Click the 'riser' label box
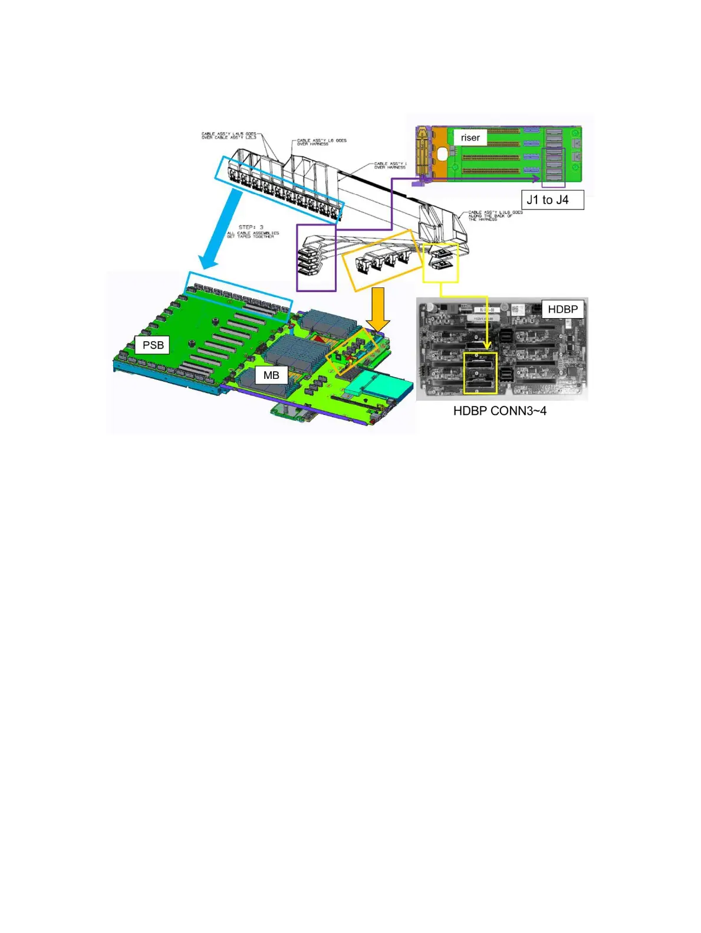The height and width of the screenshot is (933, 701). [x=470, y=138]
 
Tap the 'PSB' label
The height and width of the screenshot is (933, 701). [x=153, y=345]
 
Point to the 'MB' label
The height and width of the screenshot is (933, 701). [x=271, y=375]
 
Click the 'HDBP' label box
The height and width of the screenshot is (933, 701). [x=562, y=309]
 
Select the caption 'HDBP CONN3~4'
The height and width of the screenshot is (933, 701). [x=499, y=411]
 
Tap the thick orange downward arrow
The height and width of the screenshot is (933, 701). [x=378, y=309]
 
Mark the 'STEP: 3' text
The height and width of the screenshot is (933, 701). [x=251, y=227]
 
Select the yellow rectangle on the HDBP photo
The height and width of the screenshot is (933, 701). [x=481, y=374]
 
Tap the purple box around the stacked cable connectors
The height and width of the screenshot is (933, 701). [x=316, y=257]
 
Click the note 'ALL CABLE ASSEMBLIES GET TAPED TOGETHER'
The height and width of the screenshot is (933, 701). [x=253, y=235]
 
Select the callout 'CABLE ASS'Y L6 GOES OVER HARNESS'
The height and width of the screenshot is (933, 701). [x=321, y=142]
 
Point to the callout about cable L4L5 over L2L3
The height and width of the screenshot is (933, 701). [x=229, y=136]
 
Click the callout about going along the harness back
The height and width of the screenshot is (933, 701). [x=495, y=215]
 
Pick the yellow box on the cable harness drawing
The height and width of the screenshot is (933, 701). [x=440, y=261]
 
